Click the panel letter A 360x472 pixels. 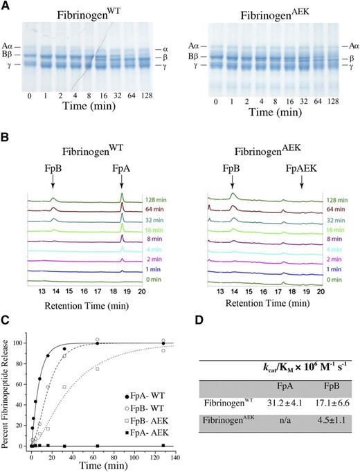[x=6, y=6]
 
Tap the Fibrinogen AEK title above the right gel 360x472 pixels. [x=280, y=14]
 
